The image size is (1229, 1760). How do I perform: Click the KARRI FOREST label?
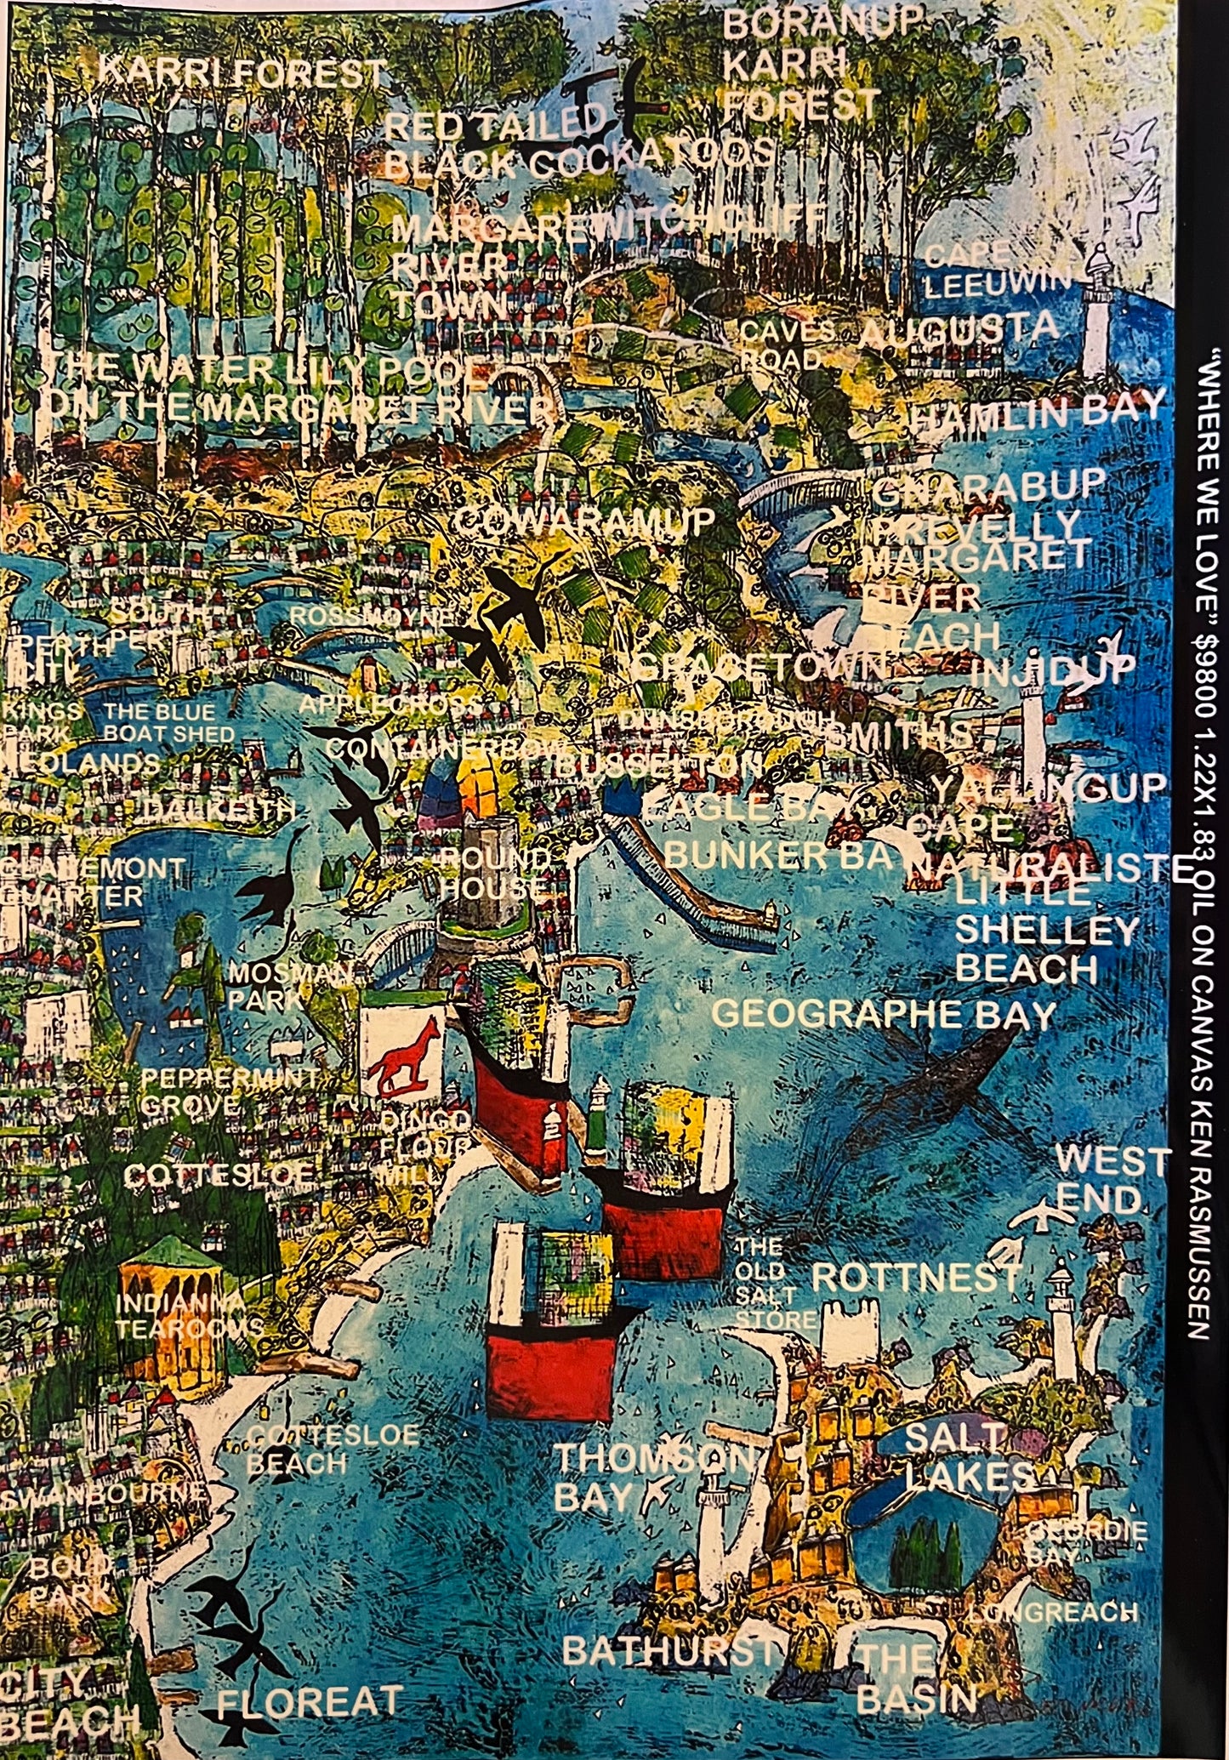coord(242,73)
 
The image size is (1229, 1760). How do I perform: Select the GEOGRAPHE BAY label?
coord(883,1014)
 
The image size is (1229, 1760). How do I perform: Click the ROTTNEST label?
coord(915,1277)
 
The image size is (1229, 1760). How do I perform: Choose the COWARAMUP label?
coord(583,521)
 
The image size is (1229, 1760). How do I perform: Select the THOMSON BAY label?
coord(651,1477)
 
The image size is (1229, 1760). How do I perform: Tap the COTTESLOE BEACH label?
coord(332,1450)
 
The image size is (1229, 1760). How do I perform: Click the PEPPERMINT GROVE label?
coord(229,1091)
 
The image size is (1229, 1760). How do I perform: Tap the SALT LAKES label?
coord(968,1456)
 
